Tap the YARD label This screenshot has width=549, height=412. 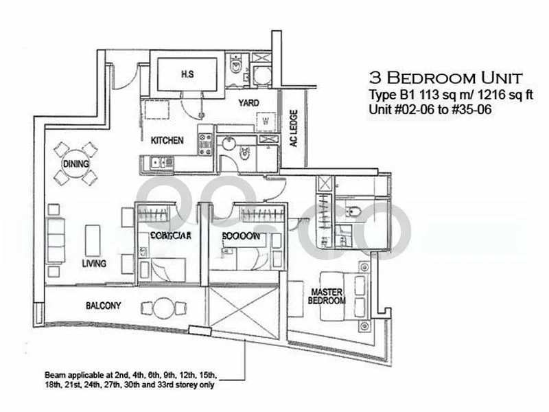[x=248, y=103]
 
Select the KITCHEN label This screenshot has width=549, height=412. [x=167, y=141]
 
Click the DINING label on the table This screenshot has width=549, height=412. [x=75, y=164]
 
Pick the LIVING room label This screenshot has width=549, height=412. [x=93, y=264]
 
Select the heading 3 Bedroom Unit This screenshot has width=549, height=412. [x=445, y=76]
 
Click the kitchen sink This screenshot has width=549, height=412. [x=160, y=163]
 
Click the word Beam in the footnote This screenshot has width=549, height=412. [x=56, y=375]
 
